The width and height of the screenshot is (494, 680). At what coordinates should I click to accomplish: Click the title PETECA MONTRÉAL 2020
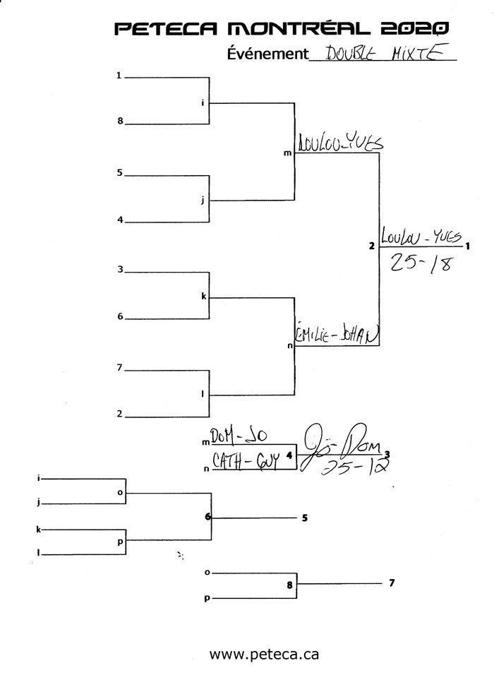282,28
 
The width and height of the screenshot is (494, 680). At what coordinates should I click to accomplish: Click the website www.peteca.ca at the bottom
264,654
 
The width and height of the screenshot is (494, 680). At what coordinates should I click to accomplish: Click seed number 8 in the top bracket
120,121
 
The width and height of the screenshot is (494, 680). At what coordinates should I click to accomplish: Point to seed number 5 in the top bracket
120,172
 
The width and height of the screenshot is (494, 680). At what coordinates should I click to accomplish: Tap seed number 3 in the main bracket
120,269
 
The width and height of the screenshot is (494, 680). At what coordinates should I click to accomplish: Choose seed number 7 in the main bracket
120,367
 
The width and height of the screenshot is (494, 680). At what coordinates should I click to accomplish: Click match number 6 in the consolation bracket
208,517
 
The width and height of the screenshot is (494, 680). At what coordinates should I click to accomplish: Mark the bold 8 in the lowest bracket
289,584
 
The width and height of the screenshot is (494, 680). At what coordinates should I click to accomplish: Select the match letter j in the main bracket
203,201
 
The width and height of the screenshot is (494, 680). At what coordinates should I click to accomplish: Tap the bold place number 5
304,518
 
